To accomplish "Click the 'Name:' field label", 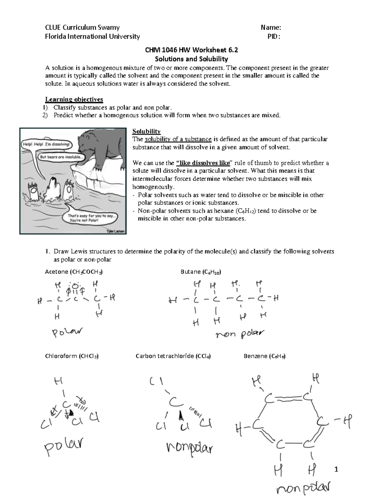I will point(271,27).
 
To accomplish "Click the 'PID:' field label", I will point(274,36).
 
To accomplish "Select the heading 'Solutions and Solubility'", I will point(191,59).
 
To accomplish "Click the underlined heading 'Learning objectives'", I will point(74,99).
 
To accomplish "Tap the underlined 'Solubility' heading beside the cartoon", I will point(146,131).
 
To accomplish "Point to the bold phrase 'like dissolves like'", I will point(203,163).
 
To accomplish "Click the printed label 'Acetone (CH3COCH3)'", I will point(74,272).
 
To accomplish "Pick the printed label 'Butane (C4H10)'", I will point(201,272).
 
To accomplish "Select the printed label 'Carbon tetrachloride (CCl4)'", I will point(173,356).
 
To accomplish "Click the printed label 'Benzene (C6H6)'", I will point(264,356).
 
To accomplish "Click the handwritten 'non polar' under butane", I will point(240,334).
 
